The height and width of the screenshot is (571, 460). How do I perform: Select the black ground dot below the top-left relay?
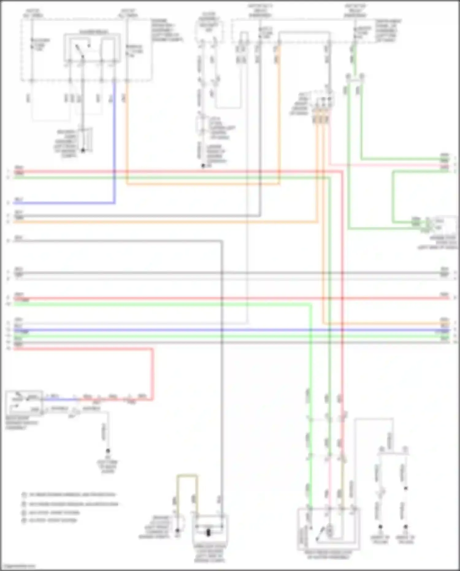(82, 150)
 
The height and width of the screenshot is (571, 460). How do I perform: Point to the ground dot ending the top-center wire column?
(203, 166)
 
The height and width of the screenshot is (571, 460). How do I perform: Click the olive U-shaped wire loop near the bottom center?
(187, 476)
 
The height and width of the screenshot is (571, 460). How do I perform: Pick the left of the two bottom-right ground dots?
(380, 527)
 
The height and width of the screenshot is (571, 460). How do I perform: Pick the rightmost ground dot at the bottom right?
(405, 527)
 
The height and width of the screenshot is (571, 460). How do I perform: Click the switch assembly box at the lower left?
(24, 403)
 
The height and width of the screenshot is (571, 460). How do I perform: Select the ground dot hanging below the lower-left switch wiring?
(108, 451)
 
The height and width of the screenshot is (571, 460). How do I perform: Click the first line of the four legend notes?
(71, 495)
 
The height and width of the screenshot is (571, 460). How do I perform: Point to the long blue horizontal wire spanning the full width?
(230, 330)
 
